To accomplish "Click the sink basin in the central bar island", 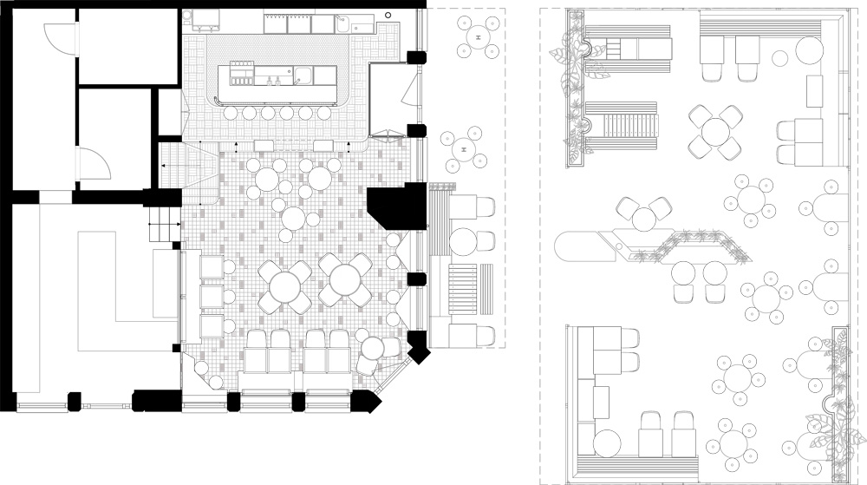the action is pyautogui.click(x=303, y=75).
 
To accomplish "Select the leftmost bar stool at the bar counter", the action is pyautogui.click(x=231, y=114).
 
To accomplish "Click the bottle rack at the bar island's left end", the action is pyautogui.click(x=240, y=75).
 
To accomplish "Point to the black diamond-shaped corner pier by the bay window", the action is pyautogui.click(x=418, y=347).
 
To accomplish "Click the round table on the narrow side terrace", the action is pyautogui.click(x=462, y=241).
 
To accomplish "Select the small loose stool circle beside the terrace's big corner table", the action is pyautogui.click(x=779, y=57).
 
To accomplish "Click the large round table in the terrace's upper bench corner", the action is pyautogui.click(x=810, y=49).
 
